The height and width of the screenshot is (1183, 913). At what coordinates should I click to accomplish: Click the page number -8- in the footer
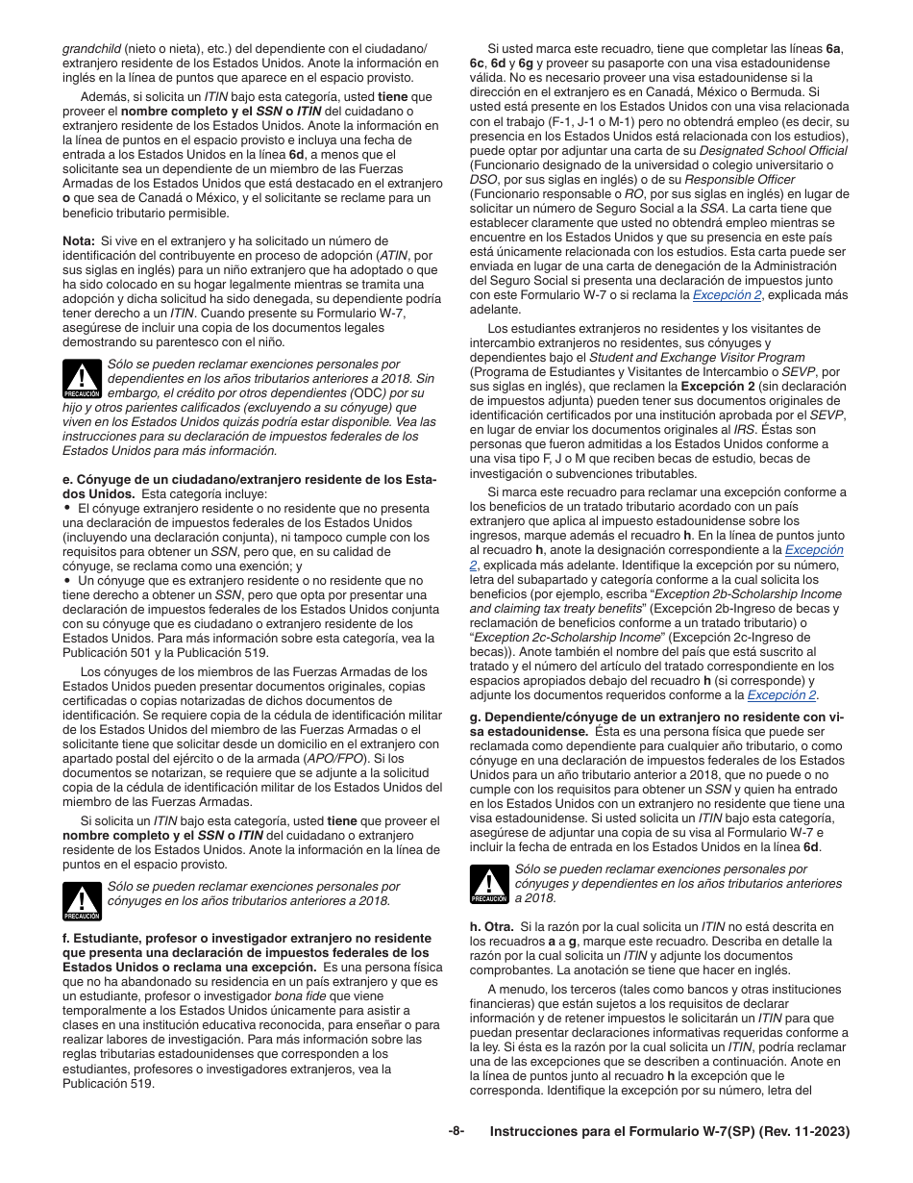click(x=456, y=1132)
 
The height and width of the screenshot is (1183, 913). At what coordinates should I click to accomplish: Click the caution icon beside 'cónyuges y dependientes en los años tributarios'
click(x=489, y=884)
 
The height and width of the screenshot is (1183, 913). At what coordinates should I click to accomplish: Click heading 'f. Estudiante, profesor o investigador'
click(x=247, y=938)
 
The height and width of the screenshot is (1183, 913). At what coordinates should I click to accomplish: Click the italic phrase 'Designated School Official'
click(x=773, y=150)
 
